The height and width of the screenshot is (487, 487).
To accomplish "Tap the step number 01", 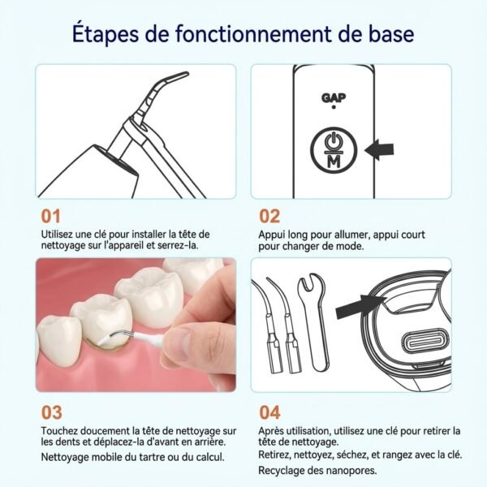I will coord(50,217).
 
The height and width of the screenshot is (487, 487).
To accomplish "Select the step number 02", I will coord(269,217).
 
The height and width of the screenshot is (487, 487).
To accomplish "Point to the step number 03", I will coord(51,412).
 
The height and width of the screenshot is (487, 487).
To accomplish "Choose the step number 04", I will coord(270,412).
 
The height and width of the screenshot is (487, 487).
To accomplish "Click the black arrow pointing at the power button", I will coord(379,149).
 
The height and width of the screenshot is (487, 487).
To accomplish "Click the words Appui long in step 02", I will coord(282,234).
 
